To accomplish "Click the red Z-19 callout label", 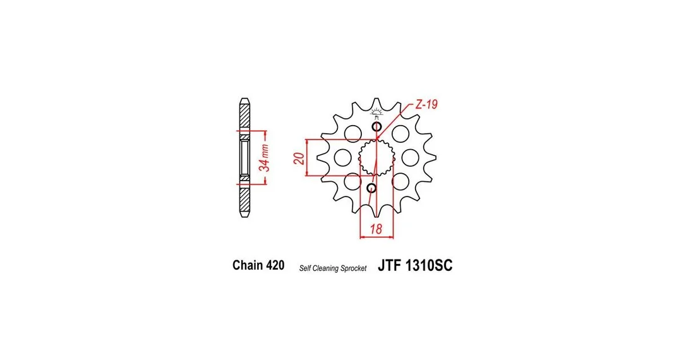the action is [x=426, y=105].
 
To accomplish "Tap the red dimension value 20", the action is [x=299, y=158].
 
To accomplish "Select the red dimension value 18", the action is [x=376, y=229].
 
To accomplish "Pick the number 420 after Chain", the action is [x=275, y=265].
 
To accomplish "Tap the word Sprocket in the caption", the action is [x=354, y=268].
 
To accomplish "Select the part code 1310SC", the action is [x=429, y=265].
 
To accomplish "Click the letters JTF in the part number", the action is [x=390, y=265].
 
